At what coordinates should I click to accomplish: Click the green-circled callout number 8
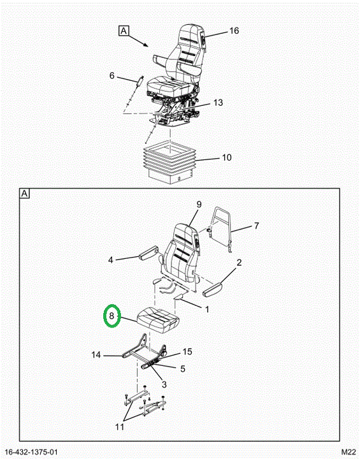[x=112, y=316]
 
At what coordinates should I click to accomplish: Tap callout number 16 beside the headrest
[x=234, y=31]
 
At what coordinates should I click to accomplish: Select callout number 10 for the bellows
[x=227, y=157]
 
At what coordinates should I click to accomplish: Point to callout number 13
[x=218, y=103]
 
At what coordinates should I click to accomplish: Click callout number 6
[x=112, y=75]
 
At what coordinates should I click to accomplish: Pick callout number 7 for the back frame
[x=256, y=226]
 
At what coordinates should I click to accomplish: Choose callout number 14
[x=96, y=355]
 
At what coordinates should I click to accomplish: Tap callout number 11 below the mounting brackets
[x=120, y=427]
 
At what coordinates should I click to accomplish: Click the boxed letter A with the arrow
[x=124, y=31]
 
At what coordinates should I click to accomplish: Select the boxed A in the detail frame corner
[x=25, y=194]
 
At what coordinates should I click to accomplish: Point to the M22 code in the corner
[x=348, y=452]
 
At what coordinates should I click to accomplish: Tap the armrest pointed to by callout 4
[x=148, y=253]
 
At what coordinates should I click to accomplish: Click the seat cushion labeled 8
[x=158, y=320]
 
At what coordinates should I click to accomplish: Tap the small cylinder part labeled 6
[x=140, y=80]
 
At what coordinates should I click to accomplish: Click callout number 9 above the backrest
[x=199, y=205]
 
